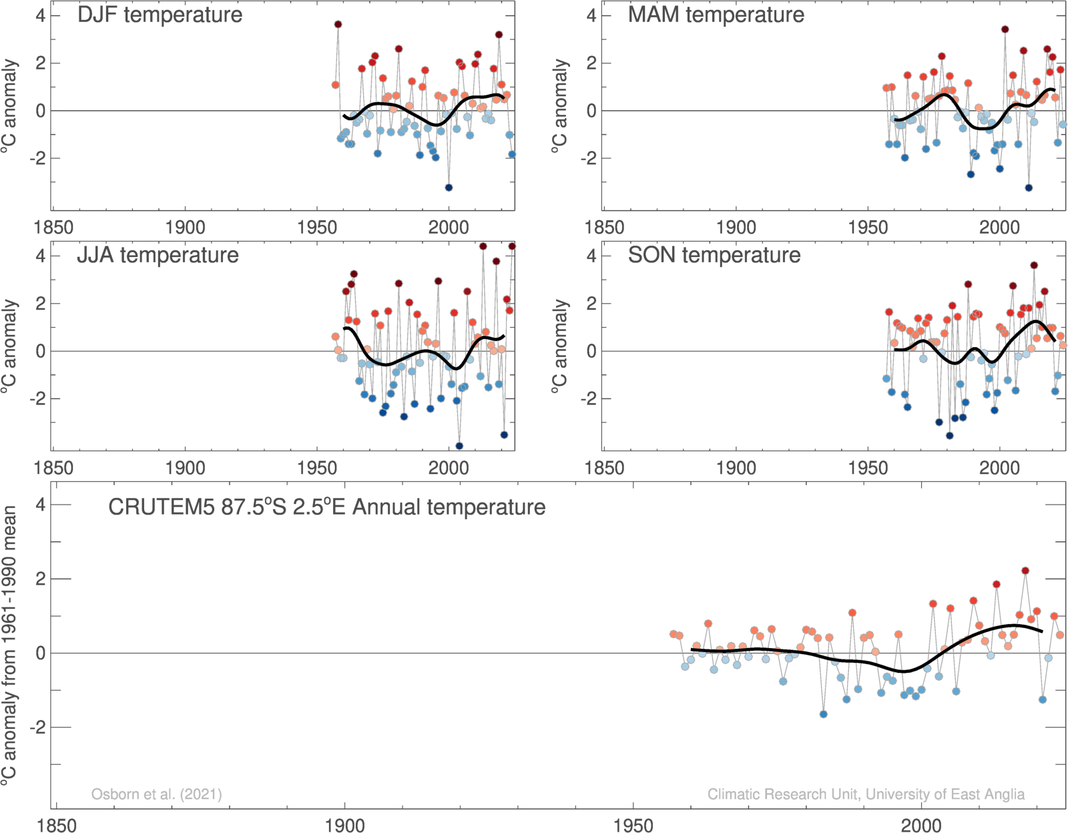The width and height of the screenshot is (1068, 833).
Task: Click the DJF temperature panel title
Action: (x=160, y=15)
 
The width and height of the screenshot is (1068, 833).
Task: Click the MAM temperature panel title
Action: (x=716, y=15)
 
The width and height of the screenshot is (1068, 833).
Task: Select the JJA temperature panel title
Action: (x=158, y=255)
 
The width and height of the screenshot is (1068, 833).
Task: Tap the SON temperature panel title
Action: (x=714, y=255)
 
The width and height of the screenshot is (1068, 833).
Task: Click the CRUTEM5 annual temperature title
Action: (x=326, y=507)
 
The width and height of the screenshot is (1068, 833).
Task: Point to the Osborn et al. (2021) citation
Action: (x=156, y=794)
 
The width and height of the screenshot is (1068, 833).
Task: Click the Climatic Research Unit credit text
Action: (x=866, y=794)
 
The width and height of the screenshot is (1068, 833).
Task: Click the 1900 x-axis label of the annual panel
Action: (x=344, y=825)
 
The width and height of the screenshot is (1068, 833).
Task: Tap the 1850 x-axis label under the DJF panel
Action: (x=53, y=227)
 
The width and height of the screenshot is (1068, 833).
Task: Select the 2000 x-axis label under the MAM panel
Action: (x=999, y=227)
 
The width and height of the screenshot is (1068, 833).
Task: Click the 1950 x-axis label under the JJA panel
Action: (x=316, y=467)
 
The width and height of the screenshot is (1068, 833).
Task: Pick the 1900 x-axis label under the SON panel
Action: (x=736, y=467)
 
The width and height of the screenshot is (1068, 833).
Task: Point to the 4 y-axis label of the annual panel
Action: (x=41, y=505)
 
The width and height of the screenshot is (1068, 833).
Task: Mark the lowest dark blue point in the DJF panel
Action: (x=449, y=188)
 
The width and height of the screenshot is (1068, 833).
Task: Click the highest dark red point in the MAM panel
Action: (x=1005, y=29)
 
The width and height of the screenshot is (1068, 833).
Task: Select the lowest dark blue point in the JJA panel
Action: (x=459, y=446)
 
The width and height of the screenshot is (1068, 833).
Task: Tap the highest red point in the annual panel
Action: (x=1025, y=571)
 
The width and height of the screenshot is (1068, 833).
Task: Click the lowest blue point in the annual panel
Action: (x=823, y=714)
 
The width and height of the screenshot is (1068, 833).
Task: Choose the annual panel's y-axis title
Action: (x=9, y=644)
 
